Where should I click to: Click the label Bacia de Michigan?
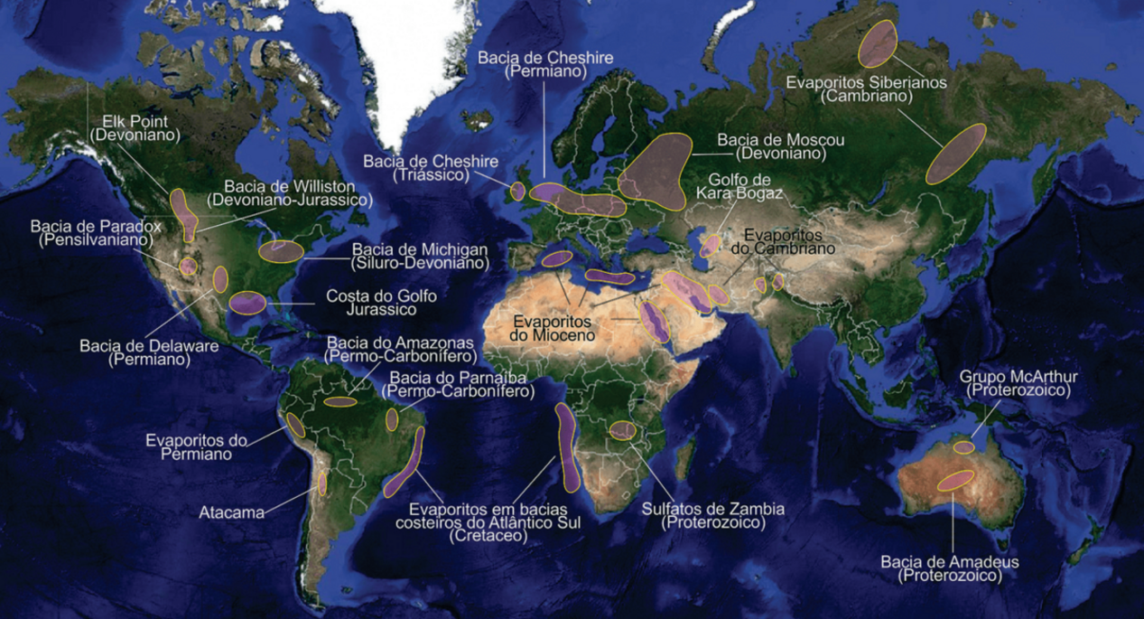click(420, 256)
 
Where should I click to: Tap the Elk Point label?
click(135, 127)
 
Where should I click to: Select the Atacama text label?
click(231, 512)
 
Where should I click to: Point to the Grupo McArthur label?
click(1018, 383)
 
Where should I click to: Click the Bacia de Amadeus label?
click(950, 568)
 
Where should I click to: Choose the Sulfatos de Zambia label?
click(713, 515)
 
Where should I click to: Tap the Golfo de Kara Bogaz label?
click(739, 186)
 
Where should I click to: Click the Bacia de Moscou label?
click(781, 146)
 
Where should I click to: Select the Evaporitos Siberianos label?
click(866, 89)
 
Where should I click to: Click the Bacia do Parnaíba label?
click(458, 384)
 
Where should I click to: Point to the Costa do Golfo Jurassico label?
click(371, 302)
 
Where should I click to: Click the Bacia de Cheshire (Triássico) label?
click(431, 168)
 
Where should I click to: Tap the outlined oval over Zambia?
click(623, 430)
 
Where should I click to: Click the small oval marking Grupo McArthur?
click(964, 447)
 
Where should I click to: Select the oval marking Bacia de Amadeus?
click(955, 481)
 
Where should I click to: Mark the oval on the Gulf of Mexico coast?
click(246, 303)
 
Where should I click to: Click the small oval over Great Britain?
click(517, 191)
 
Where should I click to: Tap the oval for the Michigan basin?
click(280, 251)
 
